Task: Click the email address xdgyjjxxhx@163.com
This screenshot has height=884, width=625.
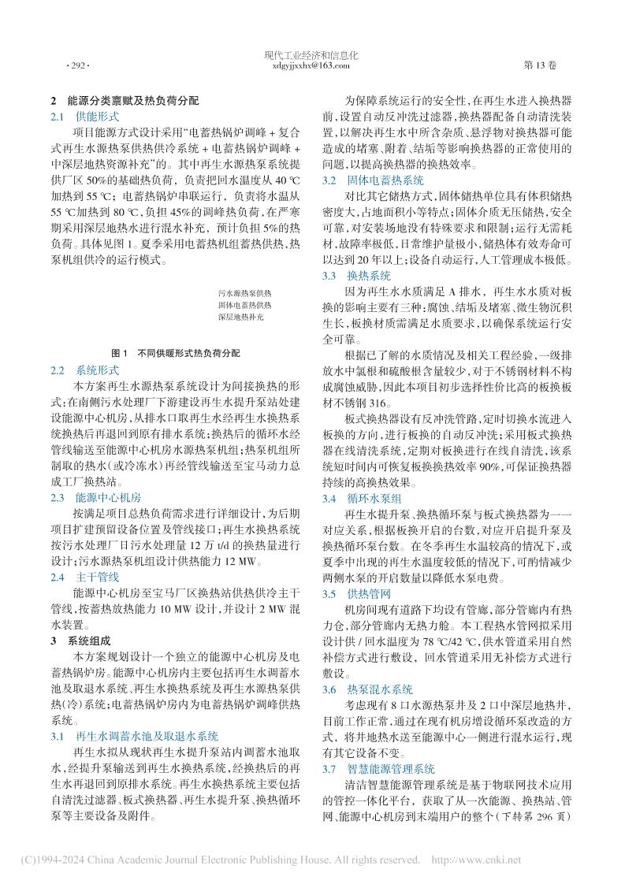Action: (313, 67)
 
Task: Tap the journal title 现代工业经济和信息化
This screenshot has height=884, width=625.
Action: (313, 57)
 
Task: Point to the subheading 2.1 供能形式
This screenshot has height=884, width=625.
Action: (80, 116)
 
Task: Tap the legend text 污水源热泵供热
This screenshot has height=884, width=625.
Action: (244, 291)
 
